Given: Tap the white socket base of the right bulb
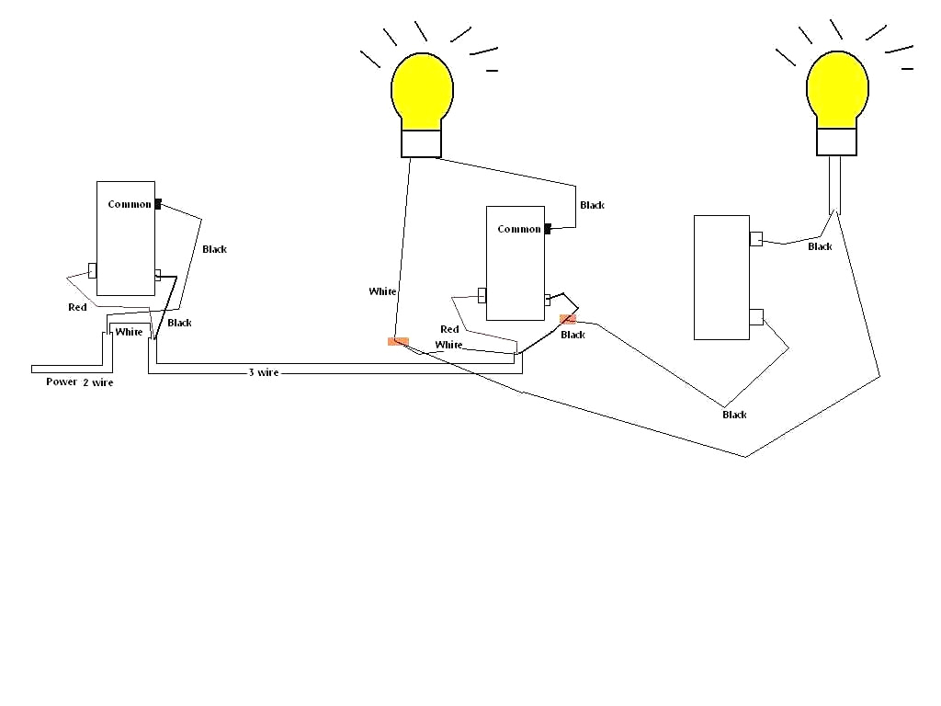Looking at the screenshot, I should pos(837,142).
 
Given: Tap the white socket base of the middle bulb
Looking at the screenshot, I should pos(422,143).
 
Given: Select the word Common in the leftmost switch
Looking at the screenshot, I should pos(129,204).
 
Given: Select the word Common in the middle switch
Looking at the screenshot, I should pos(519,229).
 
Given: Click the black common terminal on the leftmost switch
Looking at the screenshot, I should pos(158,204).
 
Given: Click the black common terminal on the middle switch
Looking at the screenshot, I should pos(548,229).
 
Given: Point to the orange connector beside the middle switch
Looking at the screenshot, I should pos(568,319).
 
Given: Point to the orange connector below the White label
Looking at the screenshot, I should pos(398,341).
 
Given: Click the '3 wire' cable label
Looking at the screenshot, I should pos(264,372).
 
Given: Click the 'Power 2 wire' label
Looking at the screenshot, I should pos(80,381).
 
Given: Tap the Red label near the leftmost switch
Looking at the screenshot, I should pos(77,307).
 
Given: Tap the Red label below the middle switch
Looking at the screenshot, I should pos(449,329).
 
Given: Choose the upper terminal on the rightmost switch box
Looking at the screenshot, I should pos(755,239).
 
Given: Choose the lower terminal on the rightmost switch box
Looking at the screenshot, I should pos(755,317).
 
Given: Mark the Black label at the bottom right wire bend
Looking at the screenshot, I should pos(734,415).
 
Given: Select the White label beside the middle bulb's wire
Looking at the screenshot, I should pos(382,291).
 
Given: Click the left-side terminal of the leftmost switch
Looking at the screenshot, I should pos(92,270).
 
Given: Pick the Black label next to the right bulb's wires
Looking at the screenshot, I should pos(820,246).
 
